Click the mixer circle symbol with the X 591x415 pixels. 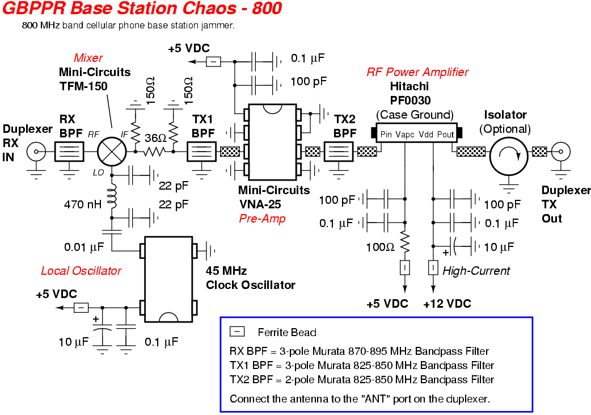[x=111, y=152]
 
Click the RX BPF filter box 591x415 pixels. [x=69, y=152]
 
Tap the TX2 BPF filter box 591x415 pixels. [x=339, y=152]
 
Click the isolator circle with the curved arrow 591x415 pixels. [x=508, y=152]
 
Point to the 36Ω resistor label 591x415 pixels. [x=155, y=138]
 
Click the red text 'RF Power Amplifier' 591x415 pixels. [x=417, y=72]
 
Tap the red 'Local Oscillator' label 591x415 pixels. [x=81, y=271]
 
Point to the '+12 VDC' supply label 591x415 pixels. [x=447, y=304]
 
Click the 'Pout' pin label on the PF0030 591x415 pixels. [x=446, y=135]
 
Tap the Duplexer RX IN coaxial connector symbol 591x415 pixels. [x=38, y=152]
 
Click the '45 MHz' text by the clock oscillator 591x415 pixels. [x=226, y=269]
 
